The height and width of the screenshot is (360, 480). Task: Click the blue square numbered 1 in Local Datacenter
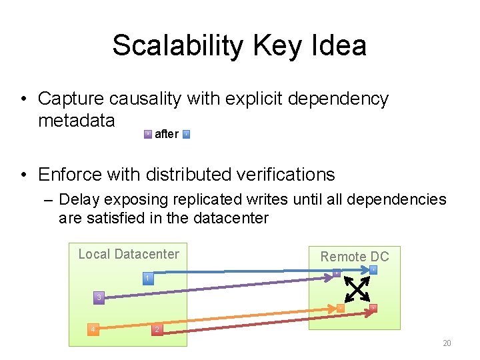click(149, 277)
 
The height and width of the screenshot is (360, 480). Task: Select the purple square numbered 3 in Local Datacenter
click(99, 296)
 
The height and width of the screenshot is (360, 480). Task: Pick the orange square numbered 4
click(93, 329)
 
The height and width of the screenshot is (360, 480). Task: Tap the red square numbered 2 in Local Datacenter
click(156, 330)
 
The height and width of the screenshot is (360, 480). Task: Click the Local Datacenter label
click(129, 254)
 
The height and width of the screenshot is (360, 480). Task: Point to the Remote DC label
click(355, 257)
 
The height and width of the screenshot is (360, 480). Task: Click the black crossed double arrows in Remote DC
click(356, 289)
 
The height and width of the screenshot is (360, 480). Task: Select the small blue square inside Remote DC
click(374, 270)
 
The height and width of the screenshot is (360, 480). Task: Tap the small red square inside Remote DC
click(373, 307)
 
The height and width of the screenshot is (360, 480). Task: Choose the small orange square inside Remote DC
click(339, 308)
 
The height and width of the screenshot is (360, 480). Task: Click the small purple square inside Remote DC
click(337, 273)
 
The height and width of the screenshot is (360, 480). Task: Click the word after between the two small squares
click(166, 134)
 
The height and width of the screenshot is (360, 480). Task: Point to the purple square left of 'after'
click(148, 134)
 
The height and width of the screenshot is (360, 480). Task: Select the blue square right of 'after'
click(186, 134)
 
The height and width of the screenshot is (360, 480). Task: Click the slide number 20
click(447, 343)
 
